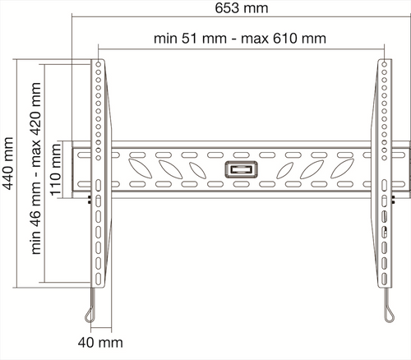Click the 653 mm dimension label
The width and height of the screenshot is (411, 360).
(242, 8)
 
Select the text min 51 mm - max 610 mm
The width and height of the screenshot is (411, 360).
(240, 39)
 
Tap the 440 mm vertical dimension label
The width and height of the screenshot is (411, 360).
(8, 164)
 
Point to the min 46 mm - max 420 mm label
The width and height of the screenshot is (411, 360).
(36, 168)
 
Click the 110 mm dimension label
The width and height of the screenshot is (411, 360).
(55, 170)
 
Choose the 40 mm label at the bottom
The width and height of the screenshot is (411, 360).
(100, 343)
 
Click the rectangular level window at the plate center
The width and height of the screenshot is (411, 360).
(241, 169)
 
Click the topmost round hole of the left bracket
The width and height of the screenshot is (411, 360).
(99, 65)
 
